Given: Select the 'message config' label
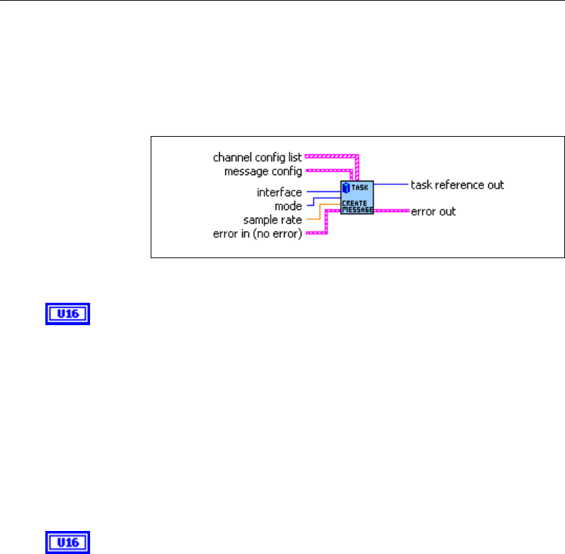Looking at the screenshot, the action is tap(263, 171).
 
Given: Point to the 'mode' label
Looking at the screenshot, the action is tap(289, 206).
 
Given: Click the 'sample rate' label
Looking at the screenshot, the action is tap(273, 220).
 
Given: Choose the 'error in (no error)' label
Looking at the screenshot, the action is tap(257, 234).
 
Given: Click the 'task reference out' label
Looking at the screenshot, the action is tap(457, 185).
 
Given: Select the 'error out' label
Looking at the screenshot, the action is tap(433, 211).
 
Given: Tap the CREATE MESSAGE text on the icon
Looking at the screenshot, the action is tap(357, 207).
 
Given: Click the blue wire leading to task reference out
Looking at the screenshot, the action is tap(391, 185).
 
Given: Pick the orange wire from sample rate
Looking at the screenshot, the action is tap(315, 219).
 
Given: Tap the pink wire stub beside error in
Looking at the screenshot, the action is tap(316, 232).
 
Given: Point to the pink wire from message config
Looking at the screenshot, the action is tap(328, 170).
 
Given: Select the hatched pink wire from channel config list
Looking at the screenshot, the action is tap(331, 157).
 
